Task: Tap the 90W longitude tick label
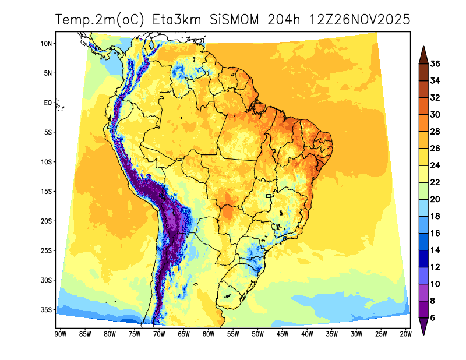tap(59, 334)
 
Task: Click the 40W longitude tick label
tap(307, 334)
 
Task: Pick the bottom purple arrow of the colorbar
tap(423, 327)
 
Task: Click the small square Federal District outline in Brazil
tap(269, 196)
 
